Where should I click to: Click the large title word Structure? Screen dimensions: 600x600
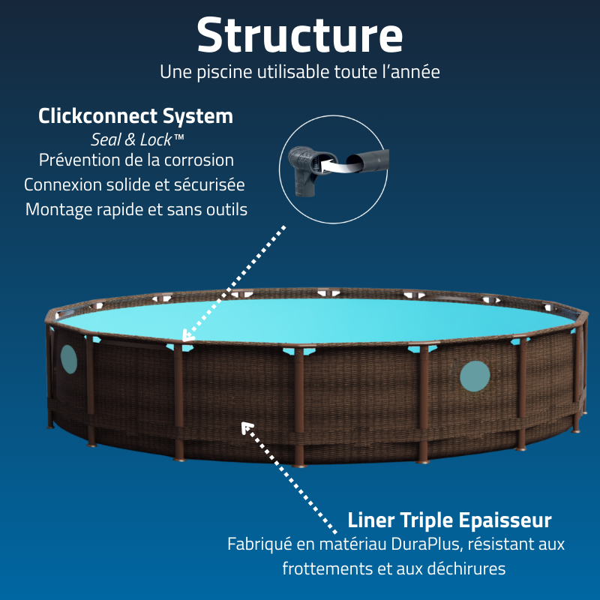pyautogui.click(x=300, y=34)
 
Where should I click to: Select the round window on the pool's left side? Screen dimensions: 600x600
pyautogui.click(x=68, y=359)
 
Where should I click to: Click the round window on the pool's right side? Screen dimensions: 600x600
pyautogui.click(x=475, y=376)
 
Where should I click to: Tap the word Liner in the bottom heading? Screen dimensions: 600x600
pyautogui.click(x=371, y=520)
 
